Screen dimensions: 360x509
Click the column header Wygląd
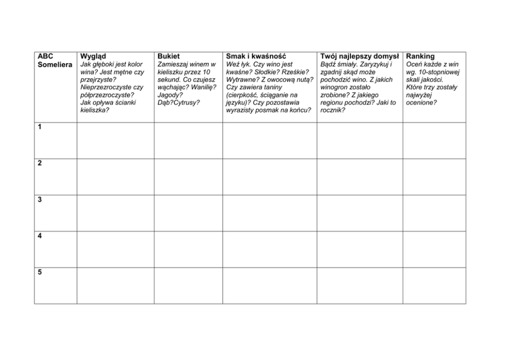click(x=93, y=56)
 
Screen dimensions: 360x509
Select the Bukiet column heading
click(x=169, y=56)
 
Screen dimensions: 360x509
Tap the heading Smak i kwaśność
click(x=256, y=56)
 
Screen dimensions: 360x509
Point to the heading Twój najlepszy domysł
click(x=359, y=56)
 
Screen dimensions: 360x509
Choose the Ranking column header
click(x=420, y=56)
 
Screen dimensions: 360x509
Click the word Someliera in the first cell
click(x=55, y=65)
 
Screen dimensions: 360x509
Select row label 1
click(x=40, y=127)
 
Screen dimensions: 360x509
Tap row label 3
click(x=40, y=199)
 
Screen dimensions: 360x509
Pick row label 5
click(x=40, y=272)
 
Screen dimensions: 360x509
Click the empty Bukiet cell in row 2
click(x=188, y=176)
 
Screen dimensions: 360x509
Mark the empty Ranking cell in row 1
click(x=434, y=140)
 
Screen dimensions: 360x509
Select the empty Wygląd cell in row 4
click(x=115, y=249)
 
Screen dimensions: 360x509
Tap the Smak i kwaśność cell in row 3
click(x=269, y=213)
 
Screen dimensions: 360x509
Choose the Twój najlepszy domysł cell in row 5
click(x=359, y=286)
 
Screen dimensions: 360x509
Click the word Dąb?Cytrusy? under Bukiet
click(x=179, y=103)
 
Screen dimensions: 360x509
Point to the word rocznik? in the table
click(x=332, y=110)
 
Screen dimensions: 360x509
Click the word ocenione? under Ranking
click(x=422, y=103)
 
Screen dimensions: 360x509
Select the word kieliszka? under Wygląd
click(x=95, y=110)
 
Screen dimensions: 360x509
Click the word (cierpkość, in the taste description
click(x=244, y=95)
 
